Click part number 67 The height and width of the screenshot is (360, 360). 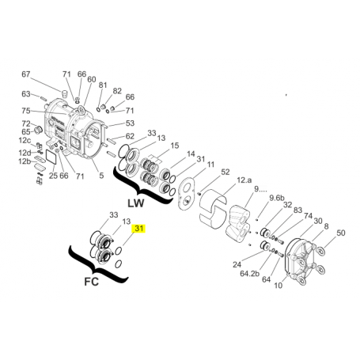click(x=26, y=74)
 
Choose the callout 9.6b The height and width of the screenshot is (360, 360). click(x=276, y=198)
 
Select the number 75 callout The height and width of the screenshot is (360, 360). click(x=25, y=111)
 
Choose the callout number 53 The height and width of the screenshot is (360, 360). click(x=130, y=123)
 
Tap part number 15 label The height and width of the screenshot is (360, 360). click(x=175, y=146)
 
